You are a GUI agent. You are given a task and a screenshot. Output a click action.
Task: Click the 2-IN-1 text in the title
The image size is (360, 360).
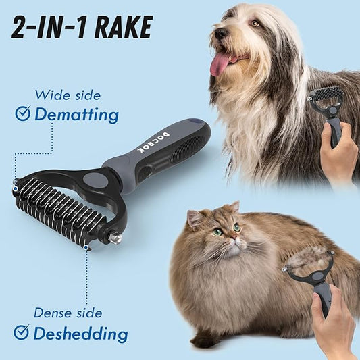[x=46, y=26]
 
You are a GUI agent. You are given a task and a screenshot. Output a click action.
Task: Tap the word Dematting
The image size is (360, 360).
[x=76, y=114]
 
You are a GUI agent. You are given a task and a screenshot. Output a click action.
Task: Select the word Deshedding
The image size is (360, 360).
[x=80, y=333]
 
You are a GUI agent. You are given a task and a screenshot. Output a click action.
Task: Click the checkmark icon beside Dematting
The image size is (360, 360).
[x=22, y=113]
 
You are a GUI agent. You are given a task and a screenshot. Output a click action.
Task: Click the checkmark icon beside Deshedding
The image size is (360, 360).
[x=22, y=332]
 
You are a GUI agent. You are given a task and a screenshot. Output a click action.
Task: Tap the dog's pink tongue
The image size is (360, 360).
[x=219, y=63]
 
